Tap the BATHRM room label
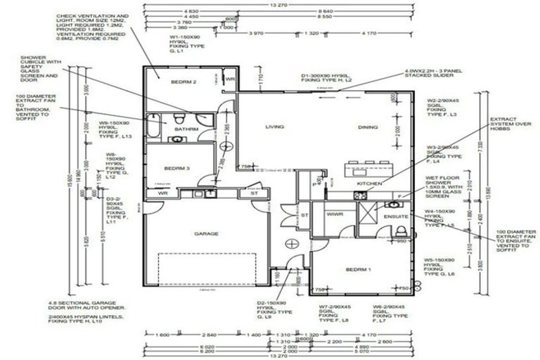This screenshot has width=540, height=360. [186, 129]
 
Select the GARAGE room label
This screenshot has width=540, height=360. [206, 233]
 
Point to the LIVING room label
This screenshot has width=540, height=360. [274, 127]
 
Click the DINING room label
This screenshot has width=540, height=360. [368, 127]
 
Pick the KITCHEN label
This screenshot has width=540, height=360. [369, 184]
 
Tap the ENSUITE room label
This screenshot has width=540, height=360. [395, 217]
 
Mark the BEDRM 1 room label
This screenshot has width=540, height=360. [359, 269]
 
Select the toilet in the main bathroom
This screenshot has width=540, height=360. [180, 117]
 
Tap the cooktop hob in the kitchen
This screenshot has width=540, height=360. [401, 195]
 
